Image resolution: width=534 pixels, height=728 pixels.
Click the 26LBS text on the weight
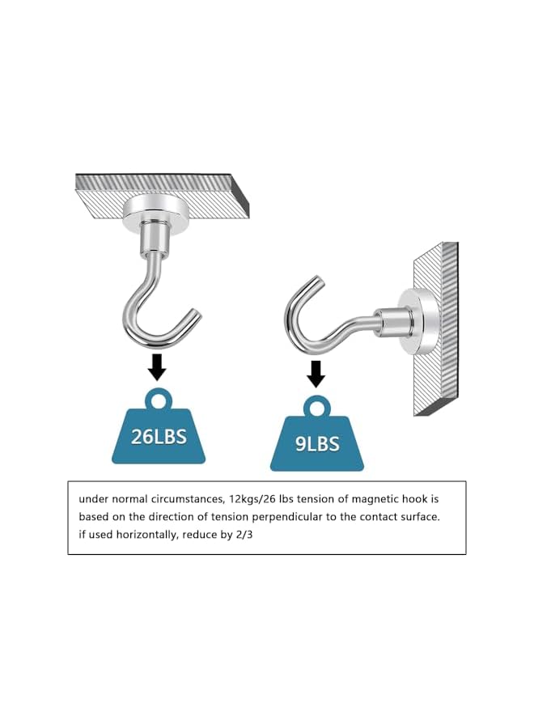tap(159, 437)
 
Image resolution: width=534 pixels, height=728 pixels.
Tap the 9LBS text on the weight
tap(317, 444)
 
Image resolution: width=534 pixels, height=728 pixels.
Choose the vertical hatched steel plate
tap(437, 332)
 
